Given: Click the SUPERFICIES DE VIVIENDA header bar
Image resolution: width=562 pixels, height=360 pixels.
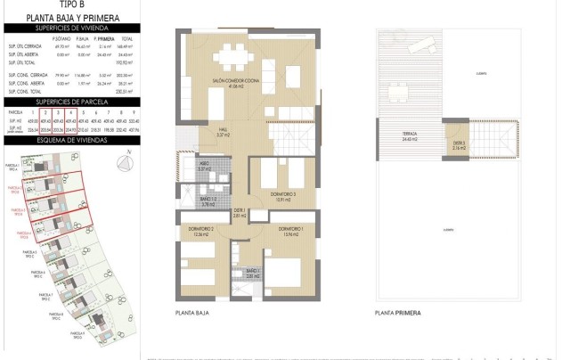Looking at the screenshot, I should [72, 28].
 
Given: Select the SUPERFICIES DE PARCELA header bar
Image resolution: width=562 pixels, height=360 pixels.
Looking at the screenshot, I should [72, 102].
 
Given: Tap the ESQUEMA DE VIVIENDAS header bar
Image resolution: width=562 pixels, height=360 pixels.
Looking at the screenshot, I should [72, 140].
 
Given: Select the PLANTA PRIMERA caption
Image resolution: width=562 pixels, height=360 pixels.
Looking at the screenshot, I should [397, 315].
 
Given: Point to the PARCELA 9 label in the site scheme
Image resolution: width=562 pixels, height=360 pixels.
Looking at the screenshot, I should [77, 335].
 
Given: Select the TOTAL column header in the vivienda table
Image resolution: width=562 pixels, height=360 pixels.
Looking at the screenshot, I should [126, 39].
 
